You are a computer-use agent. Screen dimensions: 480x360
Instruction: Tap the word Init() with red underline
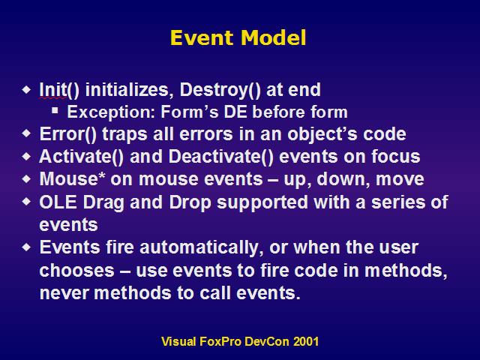59,90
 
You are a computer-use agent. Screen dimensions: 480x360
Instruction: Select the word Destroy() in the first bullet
220,90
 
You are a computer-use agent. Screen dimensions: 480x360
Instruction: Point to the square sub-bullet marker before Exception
55,110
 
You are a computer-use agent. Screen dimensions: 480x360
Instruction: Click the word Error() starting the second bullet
67,134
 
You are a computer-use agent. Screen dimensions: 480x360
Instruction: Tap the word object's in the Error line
322,135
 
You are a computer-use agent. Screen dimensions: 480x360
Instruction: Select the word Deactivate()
220,157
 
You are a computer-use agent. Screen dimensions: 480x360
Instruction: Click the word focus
396,157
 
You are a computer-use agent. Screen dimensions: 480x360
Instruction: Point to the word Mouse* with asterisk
72,178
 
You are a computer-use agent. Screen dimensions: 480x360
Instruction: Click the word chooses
76,271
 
